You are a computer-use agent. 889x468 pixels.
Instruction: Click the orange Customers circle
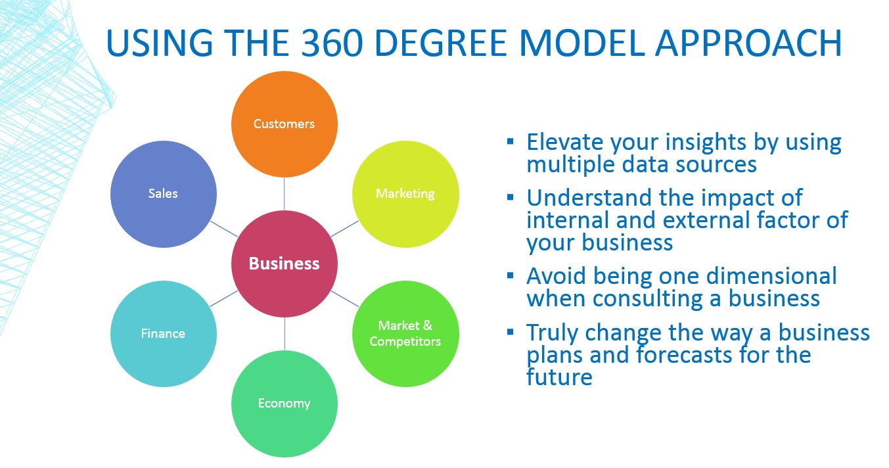284,124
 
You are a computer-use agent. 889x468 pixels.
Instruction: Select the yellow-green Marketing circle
405,194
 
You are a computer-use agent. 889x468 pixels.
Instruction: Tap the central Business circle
285,264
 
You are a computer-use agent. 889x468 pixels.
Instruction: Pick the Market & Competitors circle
405,334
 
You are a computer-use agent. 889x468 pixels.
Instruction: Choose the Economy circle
284,404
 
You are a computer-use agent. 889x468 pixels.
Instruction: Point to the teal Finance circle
163,334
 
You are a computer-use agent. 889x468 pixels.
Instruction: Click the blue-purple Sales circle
163,194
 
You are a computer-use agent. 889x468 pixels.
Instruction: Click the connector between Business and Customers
285,194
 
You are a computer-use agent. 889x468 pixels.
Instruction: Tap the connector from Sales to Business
223,228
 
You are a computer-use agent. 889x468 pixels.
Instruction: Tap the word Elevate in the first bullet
564,142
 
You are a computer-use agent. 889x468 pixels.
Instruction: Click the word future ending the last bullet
559,377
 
